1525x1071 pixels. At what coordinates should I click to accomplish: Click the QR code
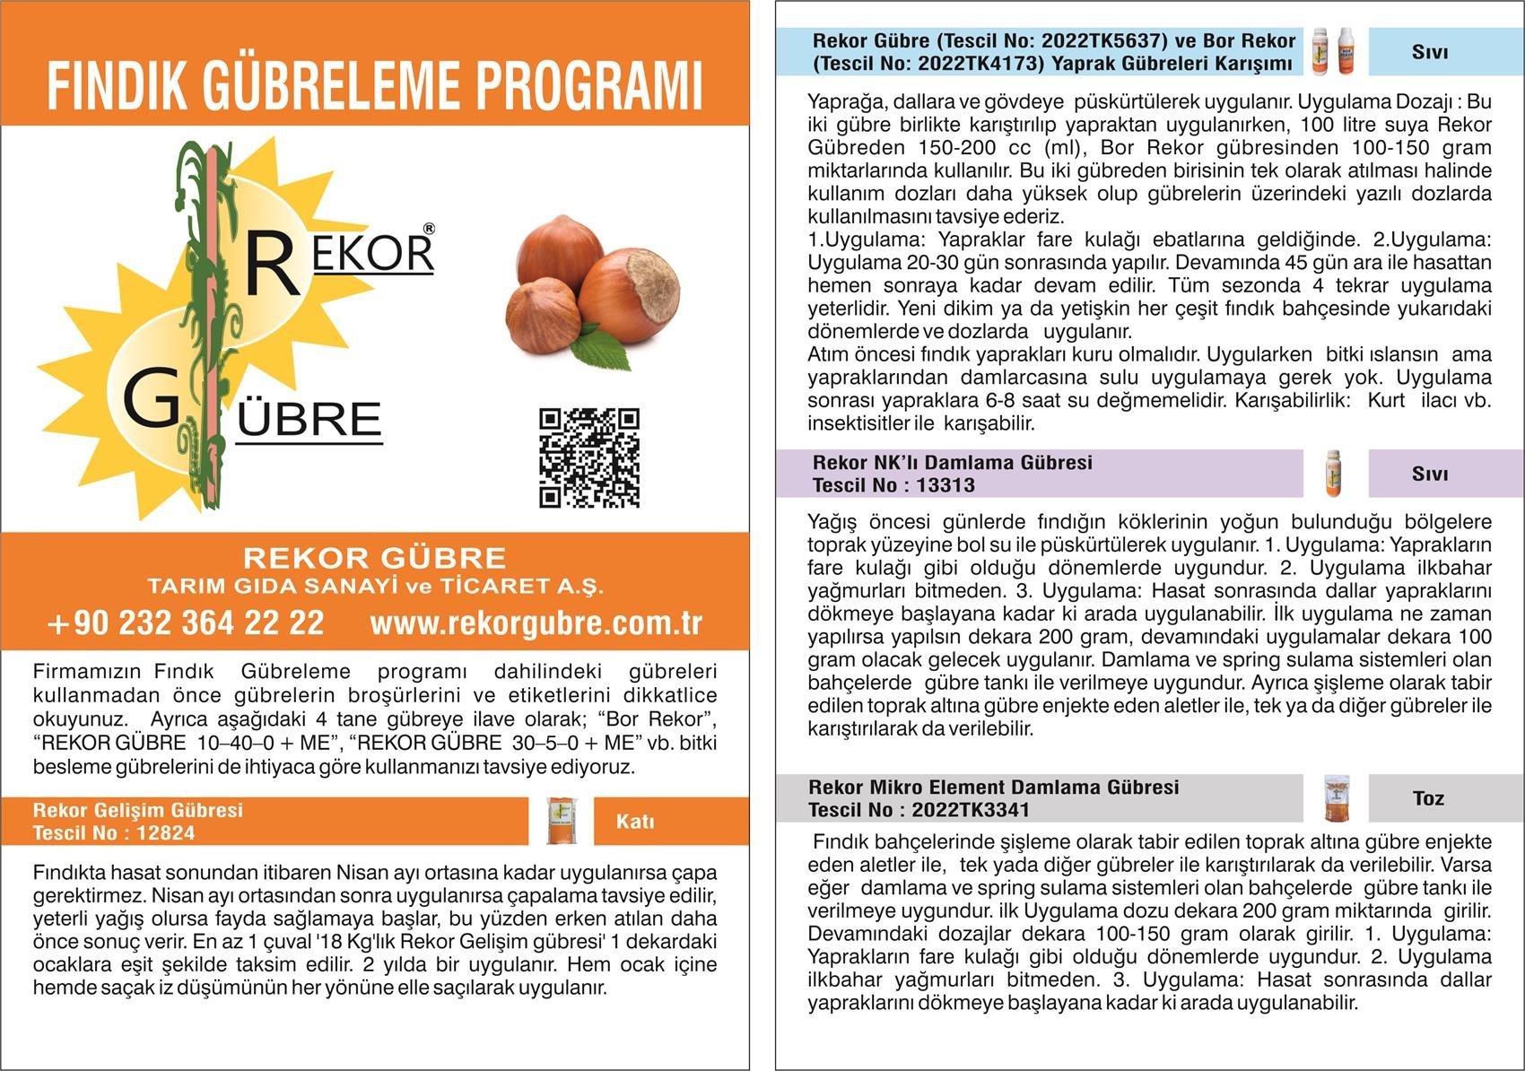589,457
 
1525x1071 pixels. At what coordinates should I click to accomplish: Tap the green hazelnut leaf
603,351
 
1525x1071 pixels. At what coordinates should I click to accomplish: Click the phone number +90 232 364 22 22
186,623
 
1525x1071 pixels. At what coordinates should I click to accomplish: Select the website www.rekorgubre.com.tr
536,623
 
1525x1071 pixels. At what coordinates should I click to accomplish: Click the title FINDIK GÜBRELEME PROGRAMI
374,86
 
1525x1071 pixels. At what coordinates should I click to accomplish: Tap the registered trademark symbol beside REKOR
429,229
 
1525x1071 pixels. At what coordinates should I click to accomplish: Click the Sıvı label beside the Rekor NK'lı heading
1429,474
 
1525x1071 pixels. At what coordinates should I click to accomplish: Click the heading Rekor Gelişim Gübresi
138,810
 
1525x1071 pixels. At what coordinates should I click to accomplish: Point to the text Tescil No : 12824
114,832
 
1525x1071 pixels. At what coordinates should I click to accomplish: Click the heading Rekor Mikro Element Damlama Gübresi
994,787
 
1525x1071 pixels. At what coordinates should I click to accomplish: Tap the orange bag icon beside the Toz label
1336,798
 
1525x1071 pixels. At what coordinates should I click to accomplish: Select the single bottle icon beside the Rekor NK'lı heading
1334,474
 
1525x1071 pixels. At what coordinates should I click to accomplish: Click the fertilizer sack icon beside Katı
562,821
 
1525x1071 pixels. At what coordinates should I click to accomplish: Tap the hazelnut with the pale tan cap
632,293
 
